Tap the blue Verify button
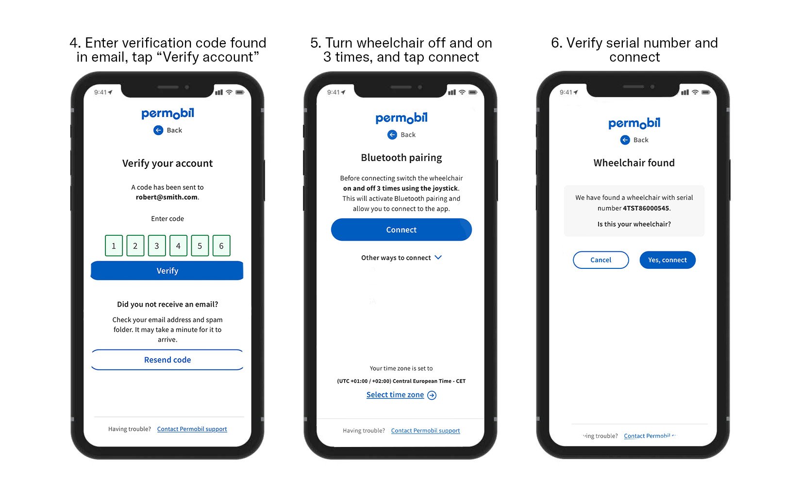tap(167, 271)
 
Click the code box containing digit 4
tap(178, 246)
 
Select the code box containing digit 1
tap(114, 246)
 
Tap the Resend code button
tap(167, 360)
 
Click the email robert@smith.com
tap(167, 197)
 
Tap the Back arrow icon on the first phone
tap(158, 130)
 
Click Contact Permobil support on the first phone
tap(192, 429)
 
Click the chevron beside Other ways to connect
tap(438, 257)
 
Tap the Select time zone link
tap(395, 395)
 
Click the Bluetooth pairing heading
tap(401, 157)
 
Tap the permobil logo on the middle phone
tap(401, 118)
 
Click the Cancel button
tap(601, 260)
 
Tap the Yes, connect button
tap(667, 260)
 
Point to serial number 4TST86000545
tap(646, 208)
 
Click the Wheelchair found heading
tap(634, 163)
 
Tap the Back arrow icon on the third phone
tap(625, 140)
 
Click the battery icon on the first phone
tap(240, 92)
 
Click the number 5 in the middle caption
tap(316, 43)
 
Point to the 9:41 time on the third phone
tap(566, 92)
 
